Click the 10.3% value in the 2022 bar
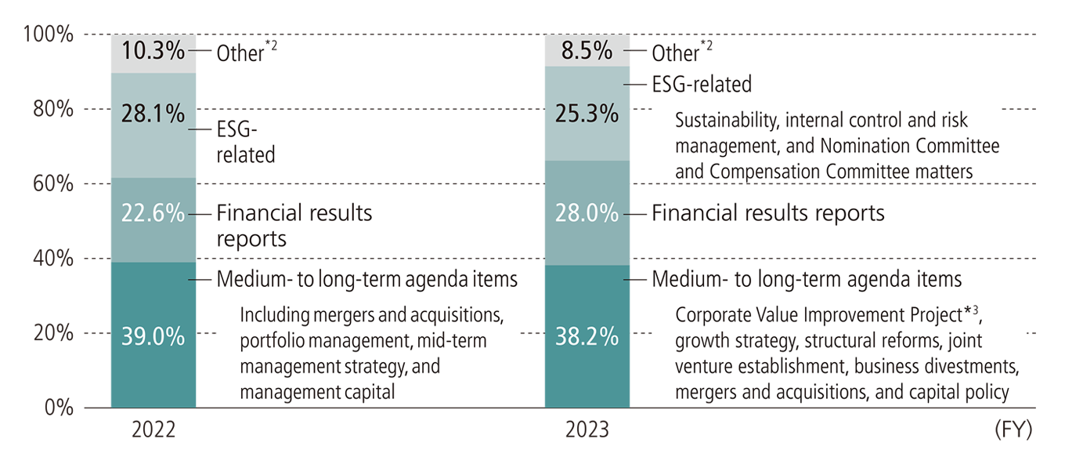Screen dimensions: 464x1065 [x=153, y=52]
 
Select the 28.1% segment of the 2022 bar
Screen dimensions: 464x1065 [x=153, y=116]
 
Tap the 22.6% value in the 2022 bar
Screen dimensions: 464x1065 [x=153, y=213]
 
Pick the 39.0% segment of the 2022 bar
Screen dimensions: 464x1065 [x=153, y=336]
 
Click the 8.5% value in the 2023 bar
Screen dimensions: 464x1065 [x=587, y=52]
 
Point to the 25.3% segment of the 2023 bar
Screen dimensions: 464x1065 [x=587, y=114]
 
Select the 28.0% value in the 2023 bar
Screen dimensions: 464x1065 [x=587, y=213]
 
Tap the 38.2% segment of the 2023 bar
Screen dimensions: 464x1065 [x=587, y=336]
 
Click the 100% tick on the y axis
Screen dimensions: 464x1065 [x=49, y=34]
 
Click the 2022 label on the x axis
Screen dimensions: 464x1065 [x=153, y=431]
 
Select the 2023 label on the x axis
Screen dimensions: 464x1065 [x=587, y=431]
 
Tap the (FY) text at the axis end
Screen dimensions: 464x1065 [x=1013, y=431]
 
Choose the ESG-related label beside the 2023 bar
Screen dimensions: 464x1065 [x=702, y=84]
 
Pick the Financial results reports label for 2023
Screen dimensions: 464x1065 [x=767, y=213]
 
